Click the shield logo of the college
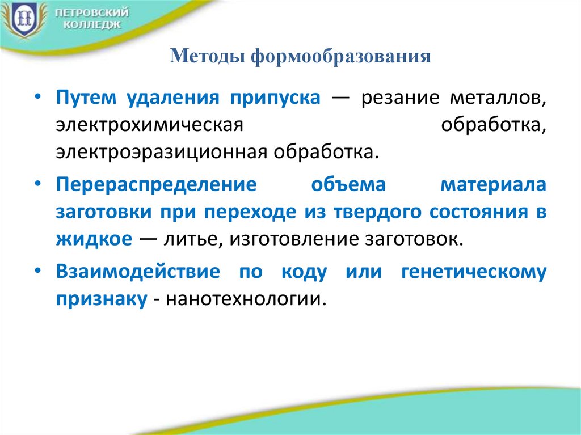[23, 19]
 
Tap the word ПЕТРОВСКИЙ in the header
[92, 12]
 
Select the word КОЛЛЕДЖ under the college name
[92, 25]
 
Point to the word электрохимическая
[149, 125]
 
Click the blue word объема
[348, 184]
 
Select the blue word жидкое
[94, 239]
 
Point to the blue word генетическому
[474, 272]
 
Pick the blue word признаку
[102, 299]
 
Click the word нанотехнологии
[246, 299]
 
